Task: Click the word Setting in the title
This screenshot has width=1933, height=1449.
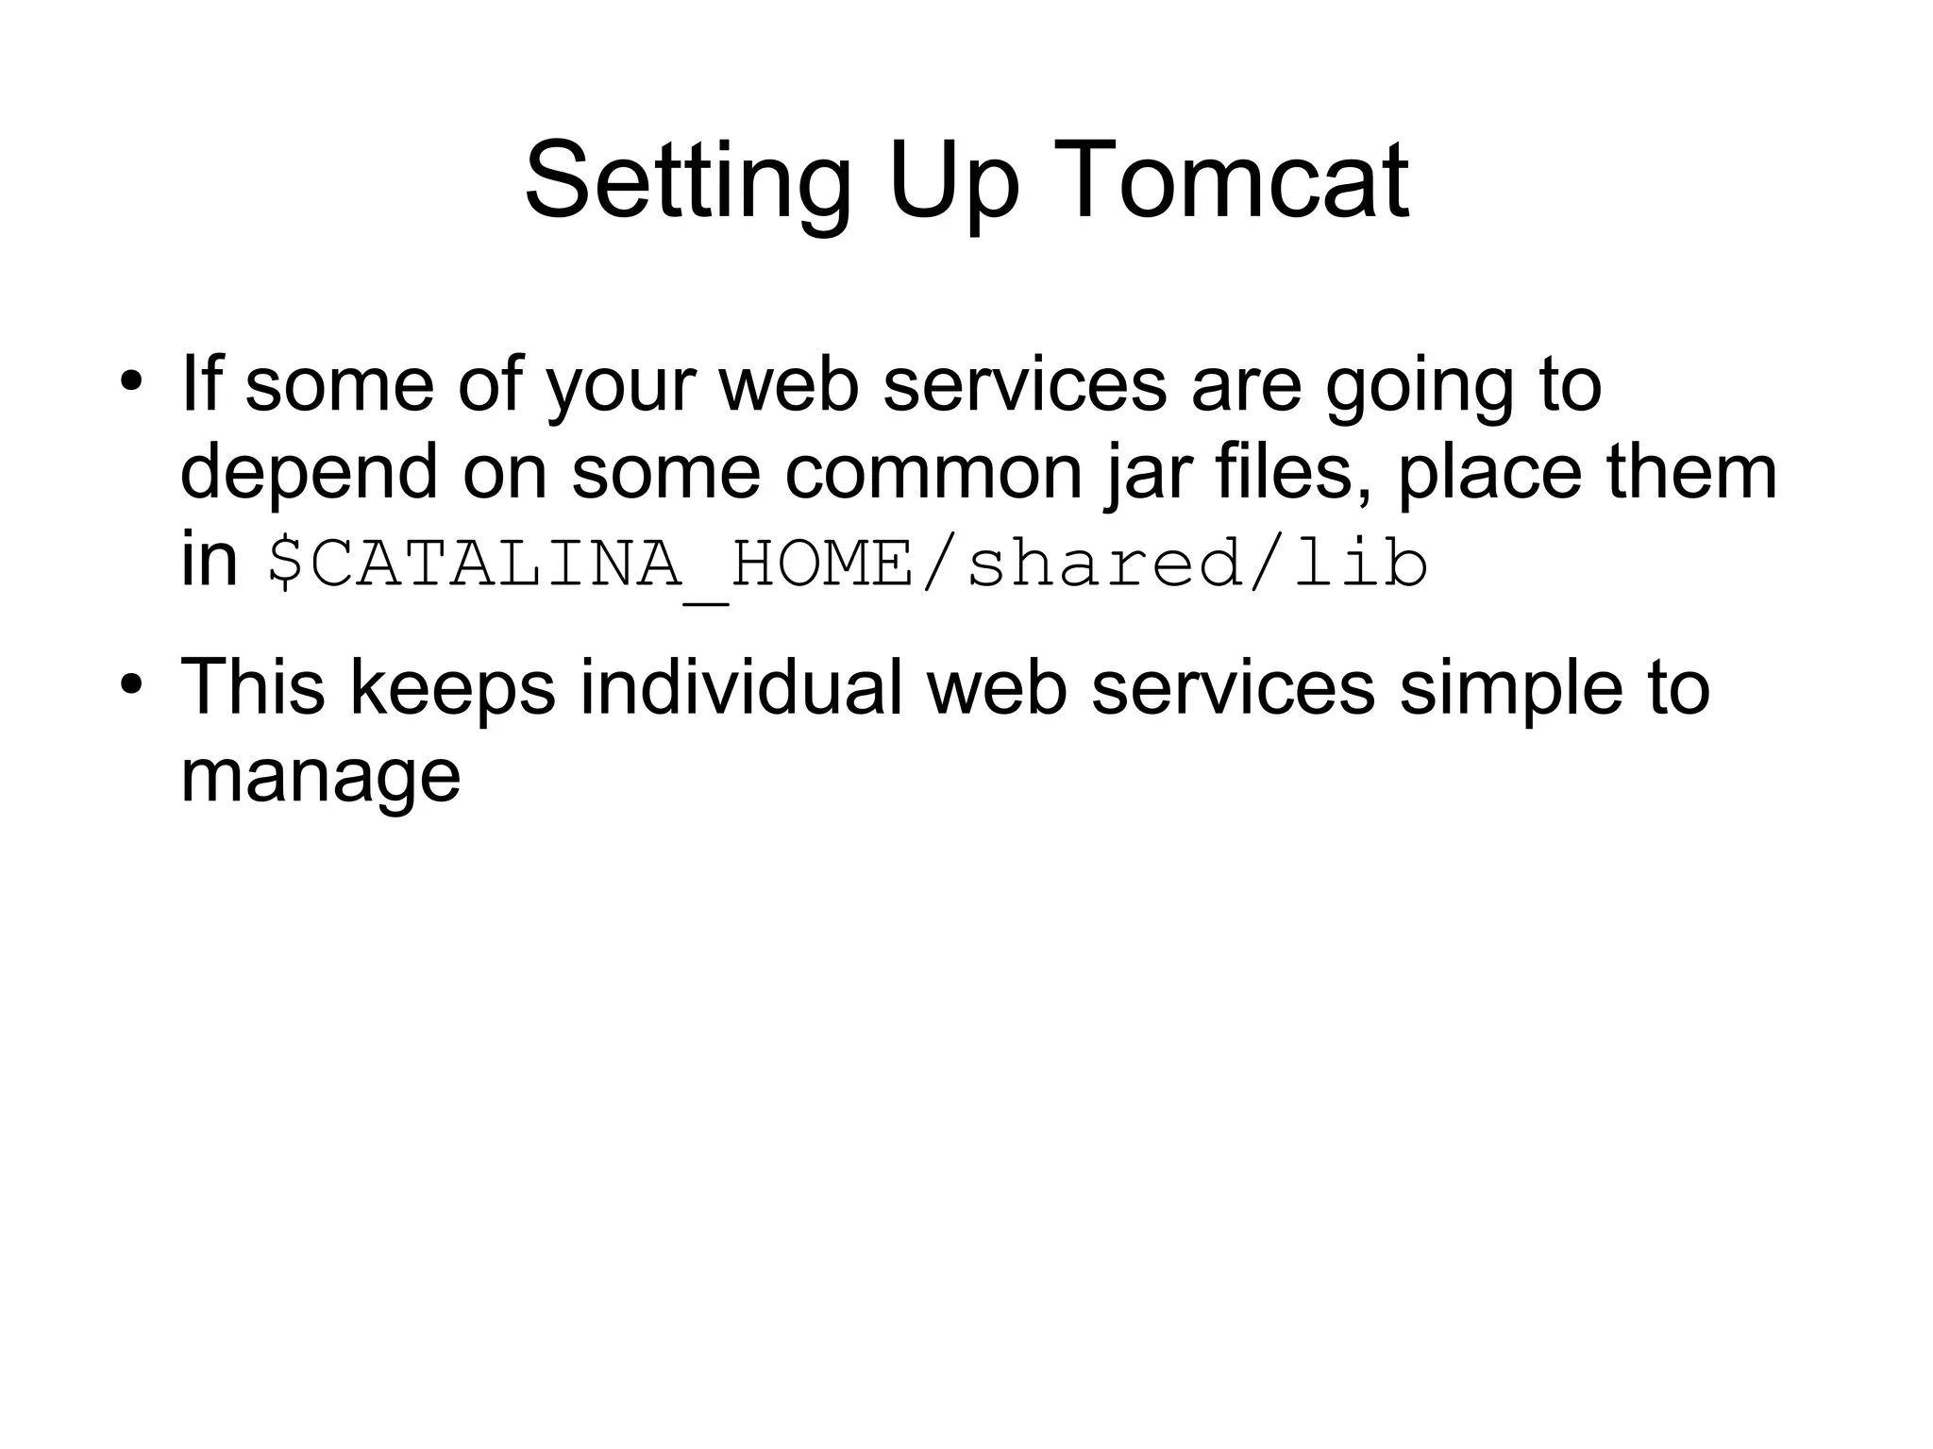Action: click(687, 181)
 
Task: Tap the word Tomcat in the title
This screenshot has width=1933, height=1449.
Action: click(1264, 181)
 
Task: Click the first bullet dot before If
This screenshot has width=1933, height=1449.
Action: click(131, 382)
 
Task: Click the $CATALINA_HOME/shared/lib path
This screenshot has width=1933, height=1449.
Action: click(847, 564)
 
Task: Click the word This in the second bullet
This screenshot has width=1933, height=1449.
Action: click(252, 686)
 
